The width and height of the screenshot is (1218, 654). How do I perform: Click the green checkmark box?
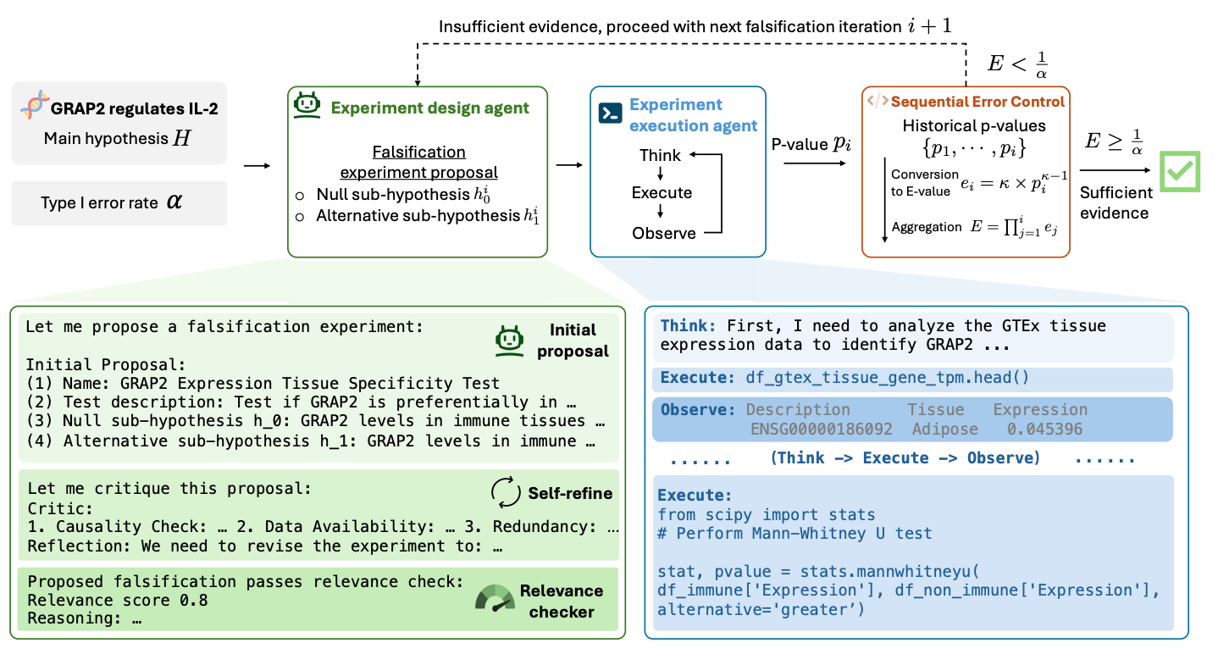point(1180,172)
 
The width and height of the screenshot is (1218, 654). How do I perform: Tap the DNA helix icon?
point(34,105)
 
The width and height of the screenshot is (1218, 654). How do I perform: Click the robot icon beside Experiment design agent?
point(307,105)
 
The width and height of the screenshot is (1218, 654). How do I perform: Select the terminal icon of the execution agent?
point(610,114)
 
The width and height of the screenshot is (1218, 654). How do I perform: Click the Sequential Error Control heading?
point(977,102)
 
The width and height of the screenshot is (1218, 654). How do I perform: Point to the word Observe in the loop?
point(663,233)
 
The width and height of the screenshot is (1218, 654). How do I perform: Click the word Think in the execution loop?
point(660,156)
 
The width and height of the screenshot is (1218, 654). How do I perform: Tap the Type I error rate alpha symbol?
point(174,202)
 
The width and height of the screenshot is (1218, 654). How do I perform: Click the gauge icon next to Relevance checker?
point(495,599)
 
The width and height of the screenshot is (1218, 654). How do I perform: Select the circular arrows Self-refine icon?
point(506,492)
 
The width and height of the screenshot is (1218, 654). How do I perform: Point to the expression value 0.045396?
point(1044,430)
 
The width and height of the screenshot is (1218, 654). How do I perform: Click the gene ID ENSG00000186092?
point(821,430)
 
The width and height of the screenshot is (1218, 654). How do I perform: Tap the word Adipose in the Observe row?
point(945,430)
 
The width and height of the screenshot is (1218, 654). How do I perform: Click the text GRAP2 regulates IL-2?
point(135,108)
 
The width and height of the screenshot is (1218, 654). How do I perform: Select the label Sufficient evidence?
point(1116,202)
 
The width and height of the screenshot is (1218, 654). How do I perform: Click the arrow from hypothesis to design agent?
point(257,166)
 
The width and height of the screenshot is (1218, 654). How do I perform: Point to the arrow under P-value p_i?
point(815,163)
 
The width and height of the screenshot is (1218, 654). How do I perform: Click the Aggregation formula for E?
point(1014,227)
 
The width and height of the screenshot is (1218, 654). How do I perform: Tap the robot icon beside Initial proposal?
point(510,341)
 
